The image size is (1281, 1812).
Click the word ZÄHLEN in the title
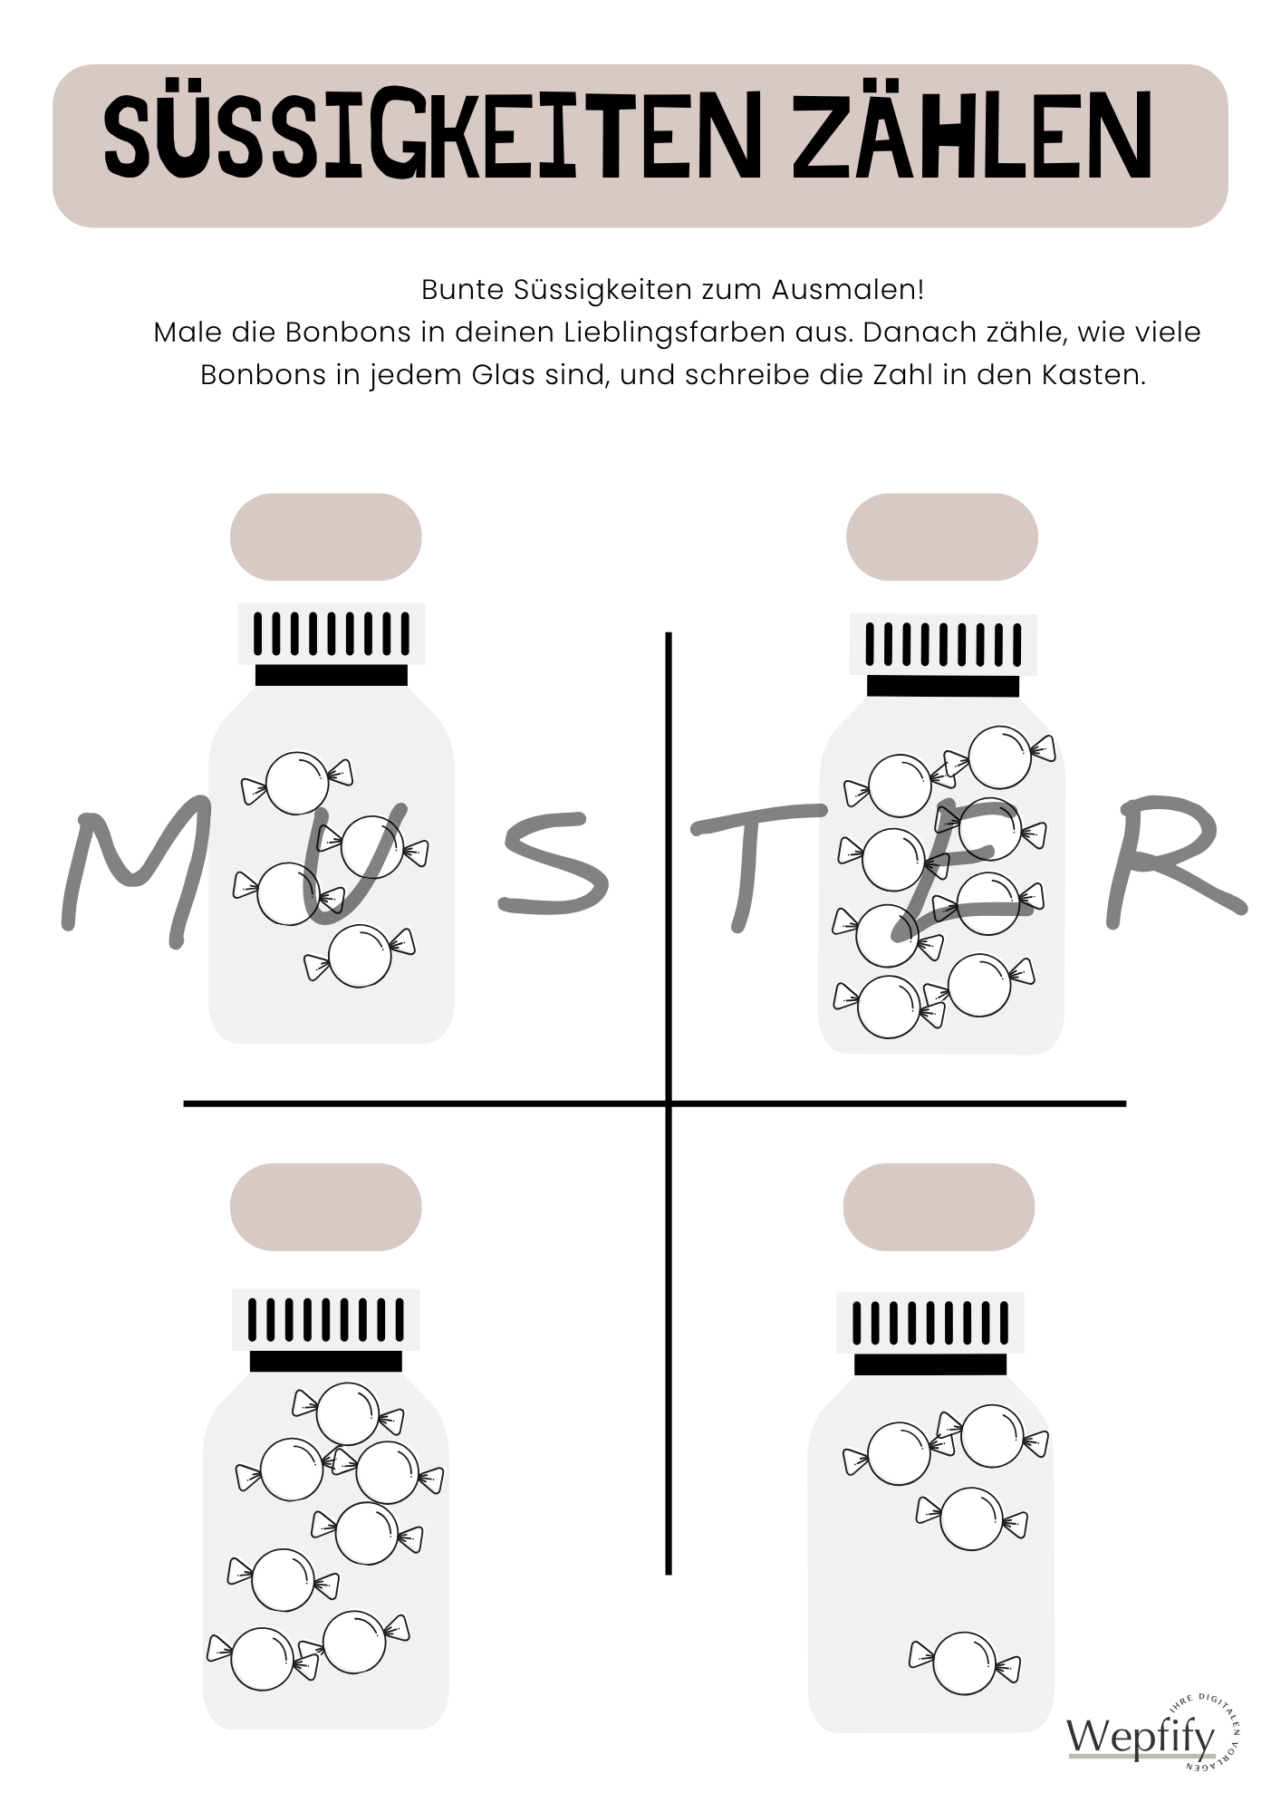click(972, 139)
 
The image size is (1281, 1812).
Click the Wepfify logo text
click(1141, 1737)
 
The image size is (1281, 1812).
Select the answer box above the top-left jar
click(326, 537)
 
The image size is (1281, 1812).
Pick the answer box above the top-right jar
click(942, 537)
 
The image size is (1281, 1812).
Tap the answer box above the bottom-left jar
click(326, 1207)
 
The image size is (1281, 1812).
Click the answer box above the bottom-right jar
click(939, 1207)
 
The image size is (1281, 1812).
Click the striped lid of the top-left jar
click(332, 633)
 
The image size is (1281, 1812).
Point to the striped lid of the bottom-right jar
click(930, 1324)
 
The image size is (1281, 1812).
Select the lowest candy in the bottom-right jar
click(965, 1663)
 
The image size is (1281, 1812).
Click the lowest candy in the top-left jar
click(360, 956)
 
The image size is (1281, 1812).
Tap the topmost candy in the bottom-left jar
click(348, 1414)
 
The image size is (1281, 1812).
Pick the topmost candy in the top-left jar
click(296, 782)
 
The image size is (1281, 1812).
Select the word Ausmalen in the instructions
click(848, 290)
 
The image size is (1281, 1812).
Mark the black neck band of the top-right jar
click(943, 686)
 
